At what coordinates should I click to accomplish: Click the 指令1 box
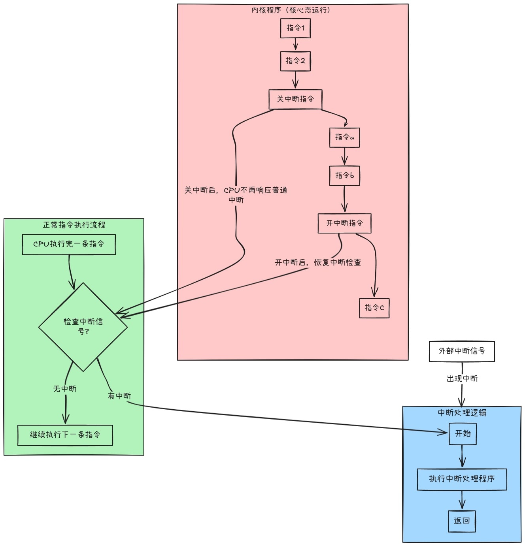tap(295, 28)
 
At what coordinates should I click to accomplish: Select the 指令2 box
tap(295, 61)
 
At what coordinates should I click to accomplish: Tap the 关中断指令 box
tap(295, 99)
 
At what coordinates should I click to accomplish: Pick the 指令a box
tap(344, 137)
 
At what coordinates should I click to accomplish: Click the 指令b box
tap(344, 175)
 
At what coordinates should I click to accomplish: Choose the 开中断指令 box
tap(344, 223)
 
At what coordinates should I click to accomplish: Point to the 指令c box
tap(374, 308)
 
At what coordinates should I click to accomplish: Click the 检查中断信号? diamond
tap(83, 327)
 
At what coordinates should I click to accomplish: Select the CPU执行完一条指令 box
tap(69, 244)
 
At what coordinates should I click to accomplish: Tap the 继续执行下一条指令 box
tap(65, 435)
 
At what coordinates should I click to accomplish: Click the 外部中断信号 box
tap(462, 351)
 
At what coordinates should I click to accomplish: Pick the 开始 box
tap(463, 434)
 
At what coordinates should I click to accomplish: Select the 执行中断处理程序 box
tap(462, 479)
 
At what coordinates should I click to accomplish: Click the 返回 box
tap(462, 521)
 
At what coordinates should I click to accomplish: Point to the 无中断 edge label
tap(65, 389)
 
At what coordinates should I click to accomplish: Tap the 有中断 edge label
tap(119, 396)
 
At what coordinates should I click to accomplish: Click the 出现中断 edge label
tap(462, 379)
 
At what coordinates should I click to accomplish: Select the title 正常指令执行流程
tap(74, 225)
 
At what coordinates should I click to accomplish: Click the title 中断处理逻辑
tap(462, 413)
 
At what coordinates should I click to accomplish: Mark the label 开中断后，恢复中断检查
tap(318, 263)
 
